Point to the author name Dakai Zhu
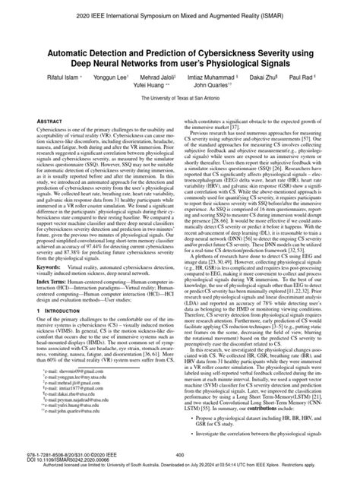pos(270,77)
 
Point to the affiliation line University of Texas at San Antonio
pos(180,99)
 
